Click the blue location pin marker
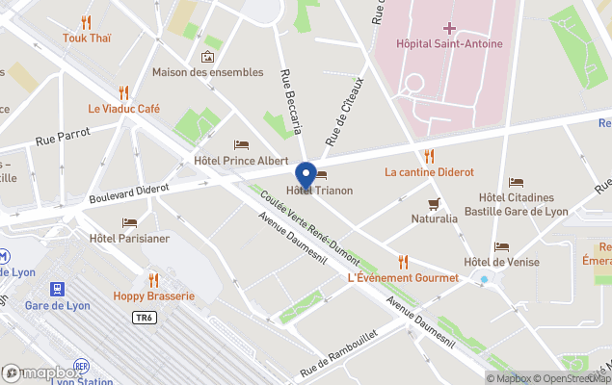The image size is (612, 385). click(x=306, y=176)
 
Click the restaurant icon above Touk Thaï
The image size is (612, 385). click(x=87, y=22)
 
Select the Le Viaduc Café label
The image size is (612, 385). click(x=123, y=109)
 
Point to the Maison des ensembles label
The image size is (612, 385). click(x=207, y=72)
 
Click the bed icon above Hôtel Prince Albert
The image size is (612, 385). click(x=241, y=144)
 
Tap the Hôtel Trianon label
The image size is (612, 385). click(x=319, y=191)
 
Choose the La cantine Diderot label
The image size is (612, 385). click(x=429, y=172)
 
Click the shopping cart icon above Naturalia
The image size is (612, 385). click(x=435, y=203)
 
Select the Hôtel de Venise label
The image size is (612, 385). click(x=501, y=262)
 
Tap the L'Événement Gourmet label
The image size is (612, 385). click(x=403, y=278)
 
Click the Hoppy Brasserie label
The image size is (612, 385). click(x=153, y=295)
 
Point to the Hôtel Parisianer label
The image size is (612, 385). click(x=128, y=239)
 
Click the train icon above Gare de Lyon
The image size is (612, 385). click(x=57, y=288)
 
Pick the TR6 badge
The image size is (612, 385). click(x=145, y=317)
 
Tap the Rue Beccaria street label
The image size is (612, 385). click(x=291, y=101)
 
